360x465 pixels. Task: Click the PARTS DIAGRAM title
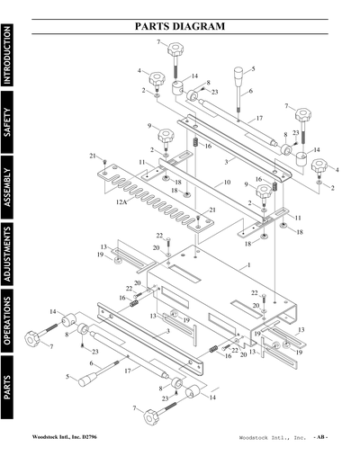pos(180,27)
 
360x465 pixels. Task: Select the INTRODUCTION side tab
pos(8,56)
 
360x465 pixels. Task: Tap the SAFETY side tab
pos(8,124)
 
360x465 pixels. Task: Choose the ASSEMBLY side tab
pos(8,187)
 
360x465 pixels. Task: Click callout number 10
pos(228,183)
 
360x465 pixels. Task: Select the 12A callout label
pos(122,204)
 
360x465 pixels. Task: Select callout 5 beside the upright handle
pos(253,68)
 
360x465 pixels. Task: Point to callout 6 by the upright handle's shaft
pos(249,92)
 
